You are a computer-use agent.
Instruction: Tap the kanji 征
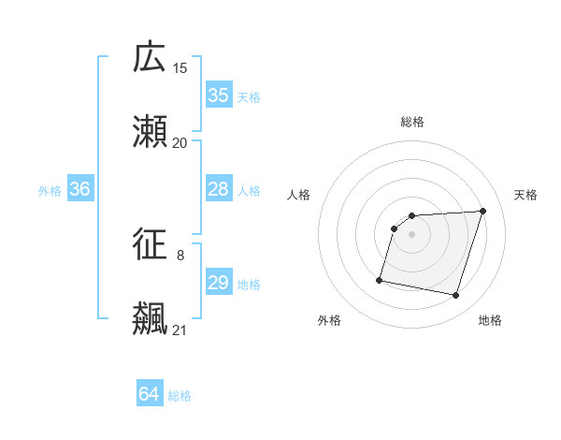coord(151,245)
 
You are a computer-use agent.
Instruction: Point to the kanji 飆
coord(151,319)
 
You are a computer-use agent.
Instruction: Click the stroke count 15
coord(180,68)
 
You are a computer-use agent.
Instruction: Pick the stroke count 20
coord(180,143)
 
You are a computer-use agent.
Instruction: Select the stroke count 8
coord(180,255)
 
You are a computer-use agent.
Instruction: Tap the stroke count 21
coord(180,330)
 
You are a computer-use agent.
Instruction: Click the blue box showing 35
coord(219,95)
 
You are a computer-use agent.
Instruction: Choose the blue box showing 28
coord(219,189)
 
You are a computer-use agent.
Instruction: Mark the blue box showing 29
coord(219,283)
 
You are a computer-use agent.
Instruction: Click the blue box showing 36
coord(80,189)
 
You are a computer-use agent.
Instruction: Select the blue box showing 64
coord(150,394)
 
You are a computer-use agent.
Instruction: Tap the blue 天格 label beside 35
coord(249,96)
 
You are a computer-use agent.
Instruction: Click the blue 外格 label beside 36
coord(50,190)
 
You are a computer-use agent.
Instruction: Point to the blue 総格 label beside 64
coord(180,395)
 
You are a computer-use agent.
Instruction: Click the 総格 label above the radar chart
coord(412,122)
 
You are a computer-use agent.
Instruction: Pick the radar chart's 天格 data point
coord(483,211)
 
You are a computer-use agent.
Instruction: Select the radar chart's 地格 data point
coord(456,296)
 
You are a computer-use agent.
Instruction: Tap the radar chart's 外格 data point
coord(380,279)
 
